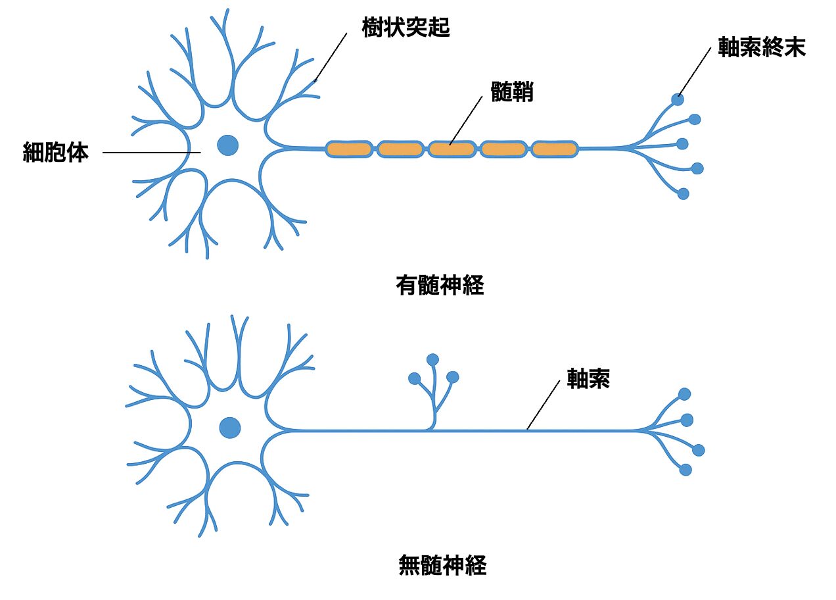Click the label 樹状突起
406,28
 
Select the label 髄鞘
512,91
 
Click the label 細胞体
56,153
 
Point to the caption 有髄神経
440,286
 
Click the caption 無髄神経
442,566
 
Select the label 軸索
588,380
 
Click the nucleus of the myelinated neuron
227,145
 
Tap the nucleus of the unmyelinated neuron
230,428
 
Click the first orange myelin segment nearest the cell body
348,149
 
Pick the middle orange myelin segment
452,149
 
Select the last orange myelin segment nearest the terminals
554,149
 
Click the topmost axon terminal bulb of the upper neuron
678,99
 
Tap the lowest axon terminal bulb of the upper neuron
683,194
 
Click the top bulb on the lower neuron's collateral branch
432,359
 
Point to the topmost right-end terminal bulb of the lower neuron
684,394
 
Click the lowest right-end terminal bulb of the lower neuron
685,470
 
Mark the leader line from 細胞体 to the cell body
151,153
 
